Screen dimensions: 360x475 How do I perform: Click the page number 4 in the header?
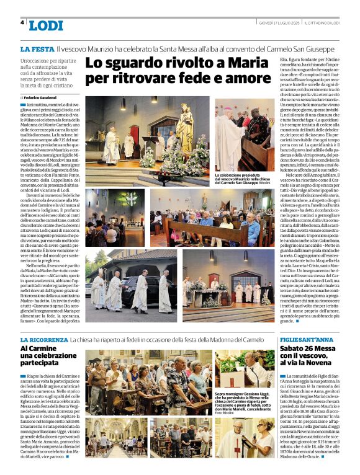pos(22,22)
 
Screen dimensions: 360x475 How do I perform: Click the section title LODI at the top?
pos(46,25)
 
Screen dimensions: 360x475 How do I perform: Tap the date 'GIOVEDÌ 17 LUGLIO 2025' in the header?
pos(278,23)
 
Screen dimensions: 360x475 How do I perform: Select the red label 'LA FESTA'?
pos(36,48)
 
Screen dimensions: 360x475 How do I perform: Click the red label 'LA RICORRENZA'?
pos(43,340)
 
